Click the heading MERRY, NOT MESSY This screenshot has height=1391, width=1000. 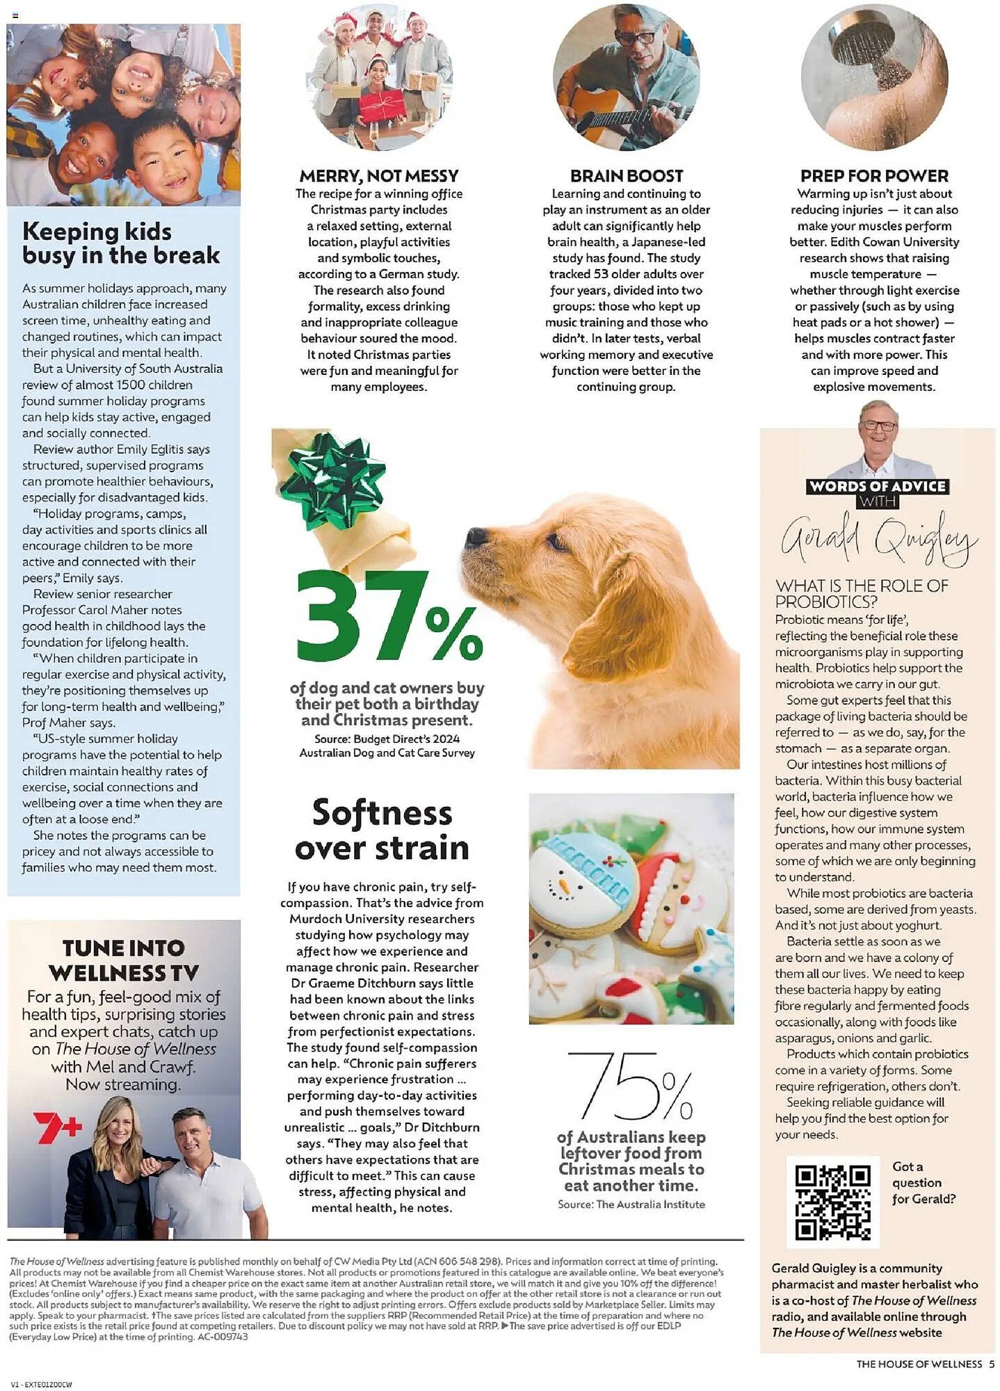379,176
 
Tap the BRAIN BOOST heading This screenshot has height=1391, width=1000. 626,176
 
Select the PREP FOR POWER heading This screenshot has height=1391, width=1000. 874,176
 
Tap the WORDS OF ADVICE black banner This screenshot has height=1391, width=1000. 878,487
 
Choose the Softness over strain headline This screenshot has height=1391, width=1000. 382,830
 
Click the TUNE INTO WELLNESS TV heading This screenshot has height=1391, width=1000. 124,960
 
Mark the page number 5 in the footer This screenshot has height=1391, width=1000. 992,1364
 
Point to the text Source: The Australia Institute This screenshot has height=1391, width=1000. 631,1204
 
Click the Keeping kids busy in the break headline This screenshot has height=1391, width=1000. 120,243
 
